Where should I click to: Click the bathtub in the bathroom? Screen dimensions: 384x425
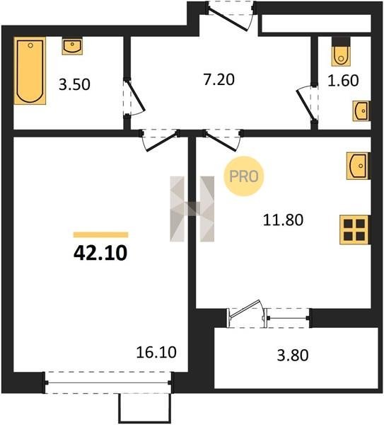point(30,71)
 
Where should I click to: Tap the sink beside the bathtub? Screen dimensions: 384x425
point(72,46)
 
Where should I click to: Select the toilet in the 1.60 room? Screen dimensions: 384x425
point(341,51)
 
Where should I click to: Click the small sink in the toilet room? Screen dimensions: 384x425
point(361,111)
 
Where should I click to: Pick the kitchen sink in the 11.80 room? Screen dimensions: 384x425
point(358,166)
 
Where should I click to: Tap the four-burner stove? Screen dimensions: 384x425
point(354,229)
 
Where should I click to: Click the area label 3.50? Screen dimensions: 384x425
point(74,84)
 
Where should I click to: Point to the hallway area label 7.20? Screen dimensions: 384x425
point(219,79)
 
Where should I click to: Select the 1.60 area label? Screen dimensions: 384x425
point(343,81)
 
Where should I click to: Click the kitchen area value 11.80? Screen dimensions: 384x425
point(283,220)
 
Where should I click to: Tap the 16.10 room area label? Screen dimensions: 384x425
point(156,352)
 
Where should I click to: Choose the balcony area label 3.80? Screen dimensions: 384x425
point(293,356)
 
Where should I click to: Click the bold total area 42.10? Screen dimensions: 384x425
point(100,254)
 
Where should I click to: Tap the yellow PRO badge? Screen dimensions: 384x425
point(243,176)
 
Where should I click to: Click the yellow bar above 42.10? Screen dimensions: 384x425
point(100,234)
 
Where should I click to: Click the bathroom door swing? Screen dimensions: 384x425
point(134,98)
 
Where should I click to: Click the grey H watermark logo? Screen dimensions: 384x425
point(192,209)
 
